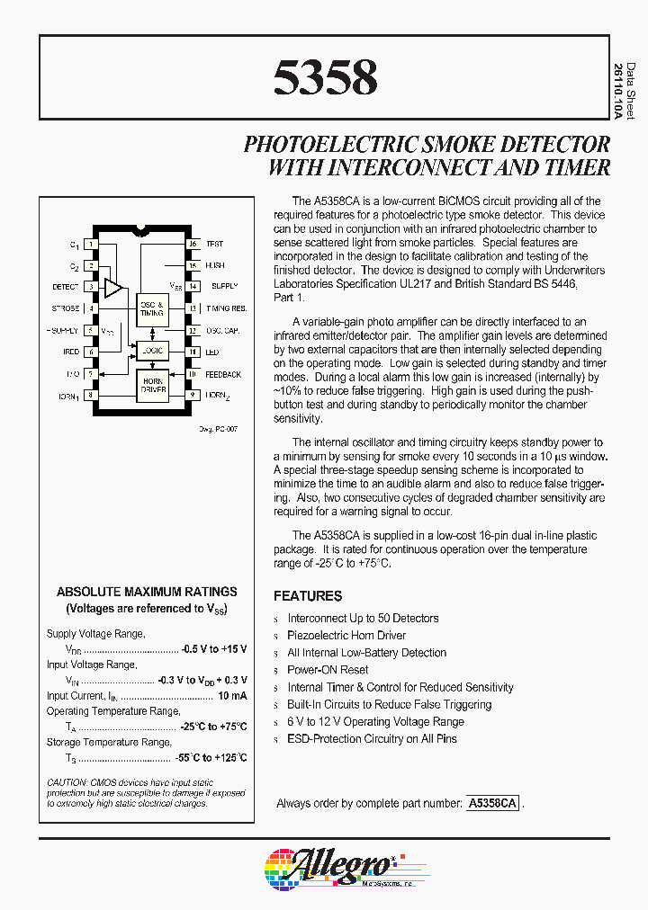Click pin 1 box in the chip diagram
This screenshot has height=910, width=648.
(91, 245)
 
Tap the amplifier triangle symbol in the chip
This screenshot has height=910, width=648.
(113, 288)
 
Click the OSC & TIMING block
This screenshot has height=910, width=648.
(151, 309)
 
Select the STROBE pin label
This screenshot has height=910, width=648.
(66, 308)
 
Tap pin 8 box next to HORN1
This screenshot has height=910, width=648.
(91, 395)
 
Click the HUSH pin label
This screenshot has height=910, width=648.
(214, 266)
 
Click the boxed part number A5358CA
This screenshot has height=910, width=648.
(492, 803)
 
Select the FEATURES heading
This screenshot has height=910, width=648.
(308, 596)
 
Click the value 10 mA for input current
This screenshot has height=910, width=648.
(231, 696)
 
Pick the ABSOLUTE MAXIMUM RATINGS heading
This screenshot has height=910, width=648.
(147, 592)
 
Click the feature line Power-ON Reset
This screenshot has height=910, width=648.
(328, 670)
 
